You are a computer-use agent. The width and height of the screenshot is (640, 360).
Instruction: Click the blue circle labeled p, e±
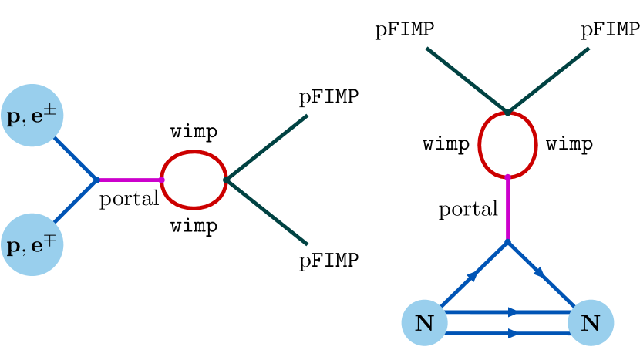32,116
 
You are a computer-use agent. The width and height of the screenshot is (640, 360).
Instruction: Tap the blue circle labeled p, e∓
32,245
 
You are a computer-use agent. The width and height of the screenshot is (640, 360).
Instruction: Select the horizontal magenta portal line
130,180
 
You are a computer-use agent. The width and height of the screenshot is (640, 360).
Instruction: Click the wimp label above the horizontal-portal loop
194,132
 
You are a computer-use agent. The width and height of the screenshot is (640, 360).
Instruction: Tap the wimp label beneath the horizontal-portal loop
194,227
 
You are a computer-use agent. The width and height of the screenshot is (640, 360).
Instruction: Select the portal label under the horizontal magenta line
129,199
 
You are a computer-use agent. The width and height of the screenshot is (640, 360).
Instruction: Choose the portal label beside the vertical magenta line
469,210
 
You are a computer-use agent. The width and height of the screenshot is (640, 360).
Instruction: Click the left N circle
424,322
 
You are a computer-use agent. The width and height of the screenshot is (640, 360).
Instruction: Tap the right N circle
590,322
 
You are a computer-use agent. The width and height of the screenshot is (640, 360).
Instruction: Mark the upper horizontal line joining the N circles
507,312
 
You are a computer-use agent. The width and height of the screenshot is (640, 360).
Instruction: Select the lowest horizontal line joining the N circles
507,334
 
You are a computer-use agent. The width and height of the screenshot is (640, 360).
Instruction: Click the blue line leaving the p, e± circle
76,159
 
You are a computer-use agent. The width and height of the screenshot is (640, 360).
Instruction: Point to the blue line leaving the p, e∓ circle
76,201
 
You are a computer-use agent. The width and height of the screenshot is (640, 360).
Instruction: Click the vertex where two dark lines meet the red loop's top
507,113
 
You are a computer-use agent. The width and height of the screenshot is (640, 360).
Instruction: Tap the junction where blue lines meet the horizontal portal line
97,180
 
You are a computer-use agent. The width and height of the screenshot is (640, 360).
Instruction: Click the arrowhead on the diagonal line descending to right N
541,273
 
